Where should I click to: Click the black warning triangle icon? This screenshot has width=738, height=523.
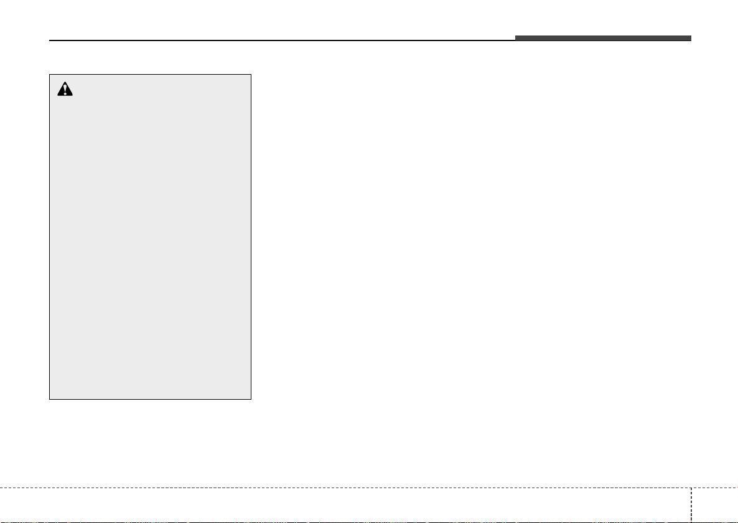[65, 90]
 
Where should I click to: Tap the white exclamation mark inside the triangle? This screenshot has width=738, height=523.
[65, 91]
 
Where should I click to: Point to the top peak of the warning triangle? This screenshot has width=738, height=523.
[65, 83]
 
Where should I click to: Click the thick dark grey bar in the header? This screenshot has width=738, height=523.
[602, 39]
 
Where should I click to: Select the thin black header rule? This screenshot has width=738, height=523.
[280, 41]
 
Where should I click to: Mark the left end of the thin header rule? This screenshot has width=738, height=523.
[50, 41]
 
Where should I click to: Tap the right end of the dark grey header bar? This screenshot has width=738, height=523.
[690, 39]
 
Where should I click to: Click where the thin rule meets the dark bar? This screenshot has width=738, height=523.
[515, 40]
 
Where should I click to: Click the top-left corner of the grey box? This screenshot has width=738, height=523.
[50, 75]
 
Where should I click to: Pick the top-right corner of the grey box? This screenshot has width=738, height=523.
[251, 75]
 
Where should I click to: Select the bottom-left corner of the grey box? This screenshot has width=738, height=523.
[50, 398]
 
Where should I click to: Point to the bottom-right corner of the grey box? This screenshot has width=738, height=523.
[251, 398]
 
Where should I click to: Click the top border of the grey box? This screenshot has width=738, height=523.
[150, 75]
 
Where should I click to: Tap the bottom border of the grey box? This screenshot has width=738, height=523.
[150, 398]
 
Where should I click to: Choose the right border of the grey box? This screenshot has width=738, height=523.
[251, 237]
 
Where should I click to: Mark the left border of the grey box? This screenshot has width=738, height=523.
[50, 237]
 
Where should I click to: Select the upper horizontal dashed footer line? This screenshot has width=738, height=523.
[342, 487]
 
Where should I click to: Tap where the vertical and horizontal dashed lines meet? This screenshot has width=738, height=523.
[691, 487]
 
